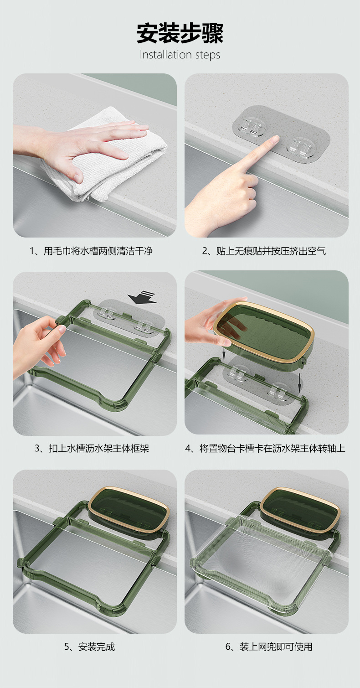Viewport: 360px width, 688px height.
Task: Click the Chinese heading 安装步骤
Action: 180,33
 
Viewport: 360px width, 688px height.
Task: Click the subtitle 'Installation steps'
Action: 180,55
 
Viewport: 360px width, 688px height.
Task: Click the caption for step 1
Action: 91,251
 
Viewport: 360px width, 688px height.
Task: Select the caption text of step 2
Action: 264,251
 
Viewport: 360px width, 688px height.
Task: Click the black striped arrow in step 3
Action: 142,297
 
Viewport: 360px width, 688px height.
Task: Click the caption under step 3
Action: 92,449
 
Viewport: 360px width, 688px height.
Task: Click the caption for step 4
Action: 265,449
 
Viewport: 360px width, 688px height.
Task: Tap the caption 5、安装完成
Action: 90,647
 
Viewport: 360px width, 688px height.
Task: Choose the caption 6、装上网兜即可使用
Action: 269,647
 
